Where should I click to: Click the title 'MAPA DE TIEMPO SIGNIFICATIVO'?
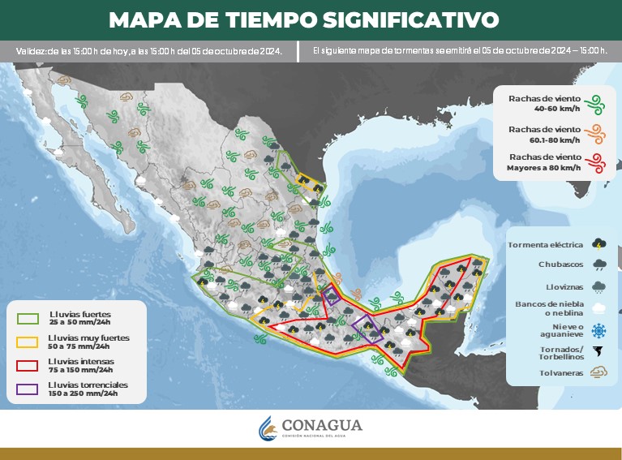coord(304,19)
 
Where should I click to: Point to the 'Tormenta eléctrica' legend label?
coord(545,244)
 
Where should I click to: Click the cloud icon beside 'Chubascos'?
coord(598,264)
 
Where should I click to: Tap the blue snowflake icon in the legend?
coord(598,330)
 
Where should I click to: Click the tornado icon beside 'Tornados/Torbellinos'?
coord(598,352)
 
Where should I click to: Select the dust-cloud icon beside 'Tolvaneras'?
coord(598,373)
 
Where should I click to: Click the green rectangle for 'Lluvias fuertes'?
coord(29,317)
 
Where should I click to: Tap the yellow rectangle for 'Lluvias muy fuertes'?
coord(29,342)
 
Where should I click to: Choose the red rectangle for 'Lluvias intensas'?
coord(29,365)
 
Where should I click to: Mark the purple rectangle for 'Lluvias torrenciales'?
coord(29,389)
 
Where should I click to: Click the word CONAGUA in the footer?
coord(322,425)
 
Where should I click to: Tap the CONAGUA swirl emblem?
coord(268,428)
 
